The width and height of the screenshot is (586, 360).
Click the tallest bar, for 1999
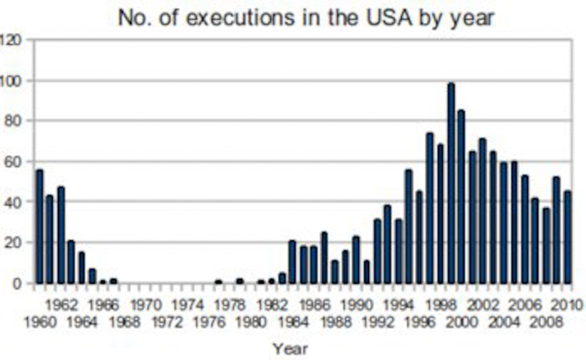(x=451, y=183)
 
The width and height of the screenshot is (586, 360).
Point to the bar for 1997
(x=430, y=208)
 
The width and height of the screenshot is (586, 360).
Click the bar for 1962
(x=60, y=235)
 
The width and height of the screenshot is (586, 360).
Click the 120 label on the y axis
(x=11, y=39)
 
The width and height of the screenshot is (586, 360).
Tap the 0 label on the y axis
(x=18, y=283)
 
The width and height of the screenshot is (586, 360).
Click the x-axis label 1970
(x=146, y=304)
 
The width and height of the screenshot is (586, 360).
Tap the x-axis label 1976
(x=209, y=322)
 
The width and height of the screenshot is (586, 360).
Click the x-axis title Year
(x=290, y=348)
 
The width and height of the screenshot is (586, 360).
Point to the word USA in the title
(x=383, y=18)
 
